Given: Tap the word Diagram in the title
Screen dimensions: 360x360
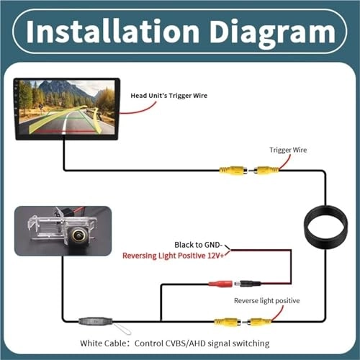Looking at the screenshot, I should pyautogui.click(x=267, y=31).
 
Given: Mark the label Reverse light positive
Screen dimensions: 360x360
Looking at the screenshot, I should pyautogui.click(x=266, y=300).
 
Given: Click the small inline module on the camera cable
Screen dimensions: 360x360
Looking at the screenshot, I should pyautogui.click(x=90, y=319).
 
